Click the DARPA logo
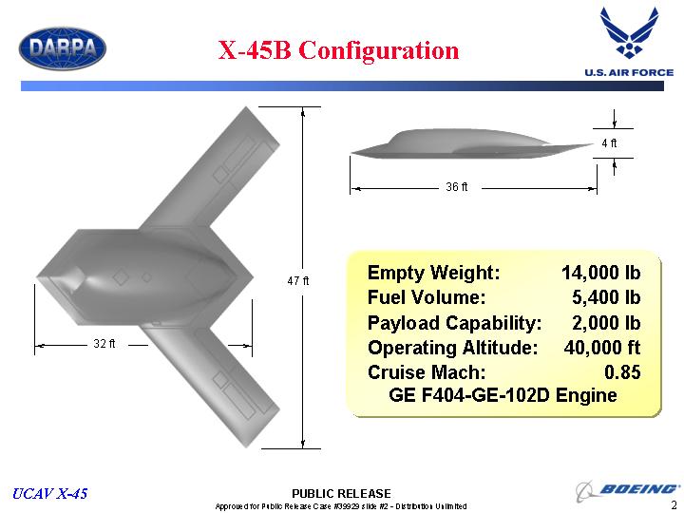pyautogui.click(x=63, y=48)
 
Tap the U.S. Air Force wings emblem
pyautogui.click(x=629, y=32)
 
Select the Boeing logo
pyautogui.click(x=627, y=490)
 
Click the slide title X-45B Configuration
pyautogui.click(x=338, y=49)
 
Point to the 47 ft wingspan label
pyautogui.click(x=298, y=281)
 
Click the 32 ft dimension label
pyautogui.click(x=104, y=344)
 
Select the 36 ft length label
pyautogui.click(x=456, y=187)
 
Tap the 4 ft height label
pyautogui.click(x=609, y=143)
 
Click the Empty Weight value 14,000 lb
pyautogui.click(x=600, y=273)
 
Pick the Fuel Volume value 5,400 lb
pyautogui.click(x=606, y=297)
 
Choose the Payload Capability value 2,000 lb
pyautogui.click(x=606, y=323)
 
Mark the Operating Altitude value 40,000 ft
pyautogui.click(x=602, y=348)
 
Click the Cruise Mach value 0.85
pyautogui.click(x=622, y=372)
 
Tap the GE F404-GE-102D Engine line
pyautogui.click(x=503, y=395)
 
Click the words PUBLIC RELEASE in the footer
pyautogui.click(x=341, y=494)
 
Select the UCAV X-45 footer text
pyautogui.click(x=49, y=493)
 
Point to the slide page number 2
pyautogui.click(x=674, y=504)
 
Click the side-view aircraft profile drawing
pyautogui.click(x=471, y=144)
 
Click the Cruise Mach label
pyautogui.click(x=427, y=372)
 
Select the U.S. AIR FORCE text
pyautogui.click(x=629, y=72)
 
